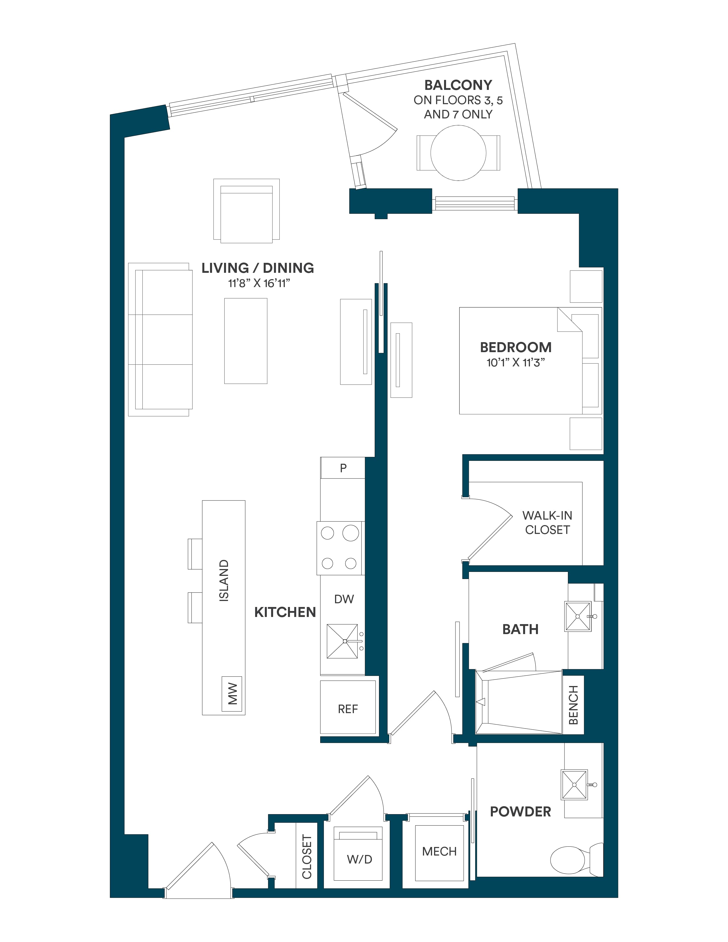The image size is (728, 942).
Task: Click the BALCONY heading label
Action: coord(458,85)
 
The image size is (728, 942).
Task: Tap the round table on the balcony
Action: coord(458,153)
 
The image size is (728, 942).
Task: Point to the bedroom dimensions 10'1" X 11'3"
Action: coord(515,362)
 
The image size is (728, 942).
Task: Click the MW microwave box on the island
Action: coord(232,693)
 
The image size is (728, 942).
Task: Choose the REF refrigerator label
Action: coord(348,709)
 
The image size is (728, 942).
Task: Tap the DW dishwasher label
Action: coord(344,599)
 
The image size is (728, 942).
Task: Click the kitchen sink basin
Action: coord(342,642)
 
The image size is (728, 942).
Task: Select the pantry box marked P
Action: coord(343,468)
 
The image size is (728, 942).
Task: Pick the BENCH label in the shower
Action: coord(573,705)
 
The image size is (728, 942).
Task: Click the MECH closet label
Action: coord(439,852)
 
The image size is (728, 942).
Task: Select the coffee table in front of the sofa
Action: coord(246,341)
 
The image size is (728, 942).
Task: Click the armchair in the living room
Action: coord(246,211)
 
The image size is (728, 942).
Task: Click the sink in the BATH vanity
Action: coord(578,617)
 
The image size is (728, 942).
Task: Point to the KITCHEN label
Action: coord(285,612)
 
